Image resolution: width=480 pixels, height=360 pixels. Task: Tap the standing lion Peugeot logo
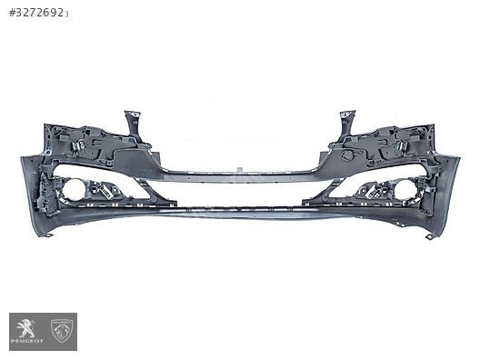(26, 328)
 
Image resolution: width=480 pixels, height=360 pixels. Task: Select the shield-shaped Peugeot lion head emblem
(62, 331)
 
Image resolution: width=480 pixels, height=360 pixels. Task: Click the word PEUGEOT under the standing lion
(27, 341)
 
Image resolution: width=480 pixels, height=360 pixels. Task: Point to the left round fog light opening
(74, 190)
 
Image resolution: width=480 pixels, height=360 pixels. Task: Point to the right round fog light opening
(405, 190)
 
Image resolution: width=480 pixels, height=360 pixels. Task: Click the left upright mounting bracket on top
(134, 125)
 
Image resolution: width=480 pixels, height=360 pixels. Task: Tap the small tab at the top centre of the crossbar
(240, 169)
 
